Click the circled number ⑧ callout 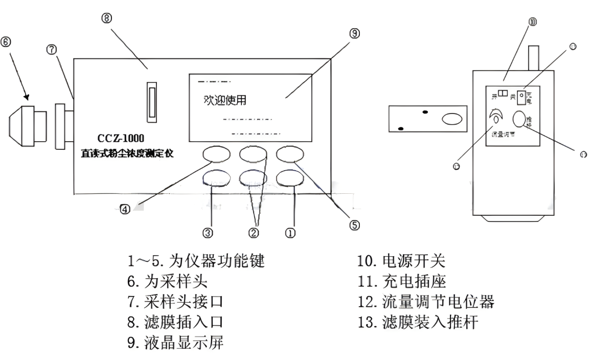[107, 18]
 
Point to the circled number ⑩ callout [533, 21]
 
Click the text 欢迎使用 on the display [224, 100]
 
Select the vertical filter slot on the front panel [151, 102]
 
